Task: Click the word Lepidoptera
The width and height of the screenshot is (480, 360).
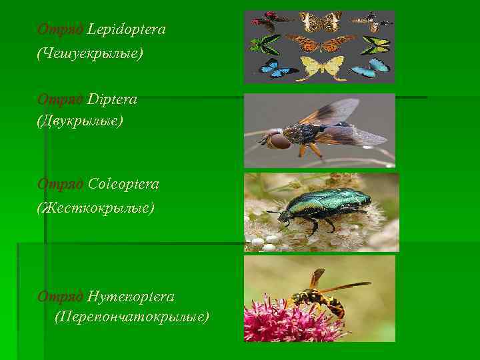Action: (x=126, y=30)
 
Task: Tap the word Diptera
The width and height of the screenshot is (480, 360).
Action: (x=112, y=99)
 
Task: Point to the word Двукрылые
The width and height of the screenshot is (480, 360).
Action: (x=80, y=121)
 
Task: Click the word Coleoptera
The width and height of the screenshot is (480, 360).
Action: (x=123, y=184)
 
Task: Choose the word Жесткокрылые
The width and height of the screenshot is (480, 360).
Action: (x=95, y=208)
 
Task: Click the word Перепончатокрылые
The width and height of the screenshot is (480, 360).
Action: (x=131, y=315)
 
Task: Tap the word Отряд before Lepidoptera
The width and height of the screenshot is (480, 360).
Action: (x=61, y=30)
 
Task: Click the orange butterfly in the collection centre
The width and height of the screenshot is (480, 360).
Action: (x=319, y=43)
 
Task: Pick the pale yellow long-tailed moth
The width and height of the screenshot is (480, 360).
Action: (x=321, y=67)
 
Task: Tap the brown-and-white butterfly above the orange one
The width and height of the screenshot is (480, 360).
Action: (x=320, y=21)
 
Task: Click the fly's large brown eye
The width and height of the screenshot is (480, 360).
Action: (x=279, y=141)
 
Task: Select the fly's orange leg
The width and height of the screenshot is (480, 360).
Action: (x=313, y=150)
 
